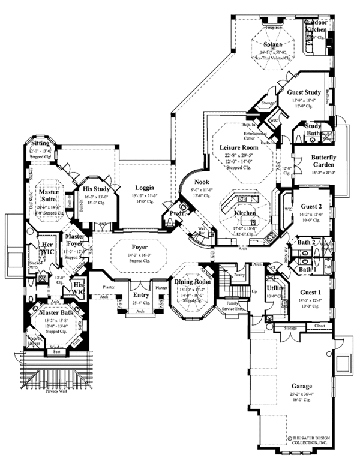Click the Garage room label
(300, 387)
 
